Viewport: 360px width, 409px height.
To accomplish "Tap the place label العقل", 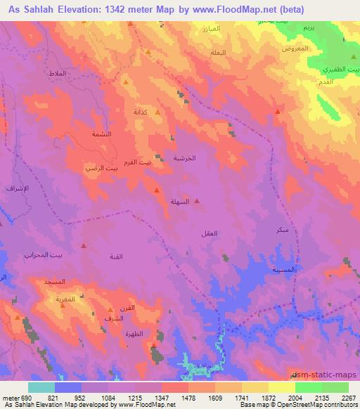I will tap(209, 233).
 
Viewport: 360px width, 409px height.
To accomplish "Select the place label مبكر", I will tap(282, 231).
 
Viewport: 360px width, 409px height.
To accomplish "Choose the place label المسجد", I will tap(54, 282).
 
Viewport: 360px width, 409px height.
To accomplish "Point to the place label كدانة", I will tap(141, 112).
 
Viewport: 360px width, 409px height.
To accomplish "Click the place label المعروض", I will tap(290, 48).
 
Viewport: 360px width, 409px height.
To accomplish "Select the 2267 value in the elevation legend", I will tap(346, 397).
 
